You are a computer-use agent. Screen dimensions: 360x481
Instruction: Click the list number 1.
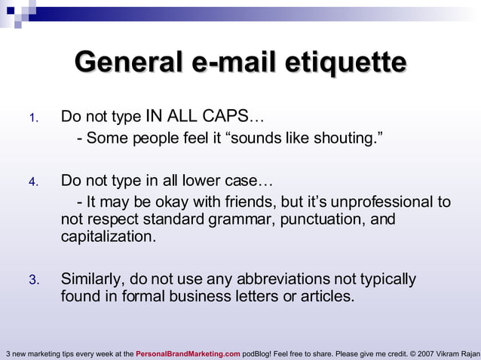tap(32, 118)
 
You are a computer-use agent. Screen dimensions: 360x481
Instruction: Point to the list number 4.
tap(32, 182)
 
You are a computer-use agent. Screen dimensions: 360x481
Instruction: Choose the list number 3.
tap(32, 280)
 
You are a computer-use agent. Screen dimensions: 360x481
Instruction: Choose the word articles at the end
tap(325, 297)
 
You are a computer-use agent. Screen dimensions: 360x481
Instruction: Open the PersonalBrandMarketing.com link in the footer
tap(188, 353)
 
